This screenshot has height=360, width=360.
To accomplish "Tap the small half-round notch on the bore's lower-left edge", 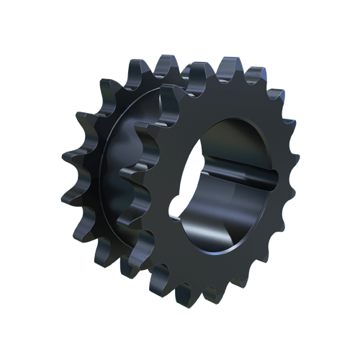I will click(175, 212).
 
